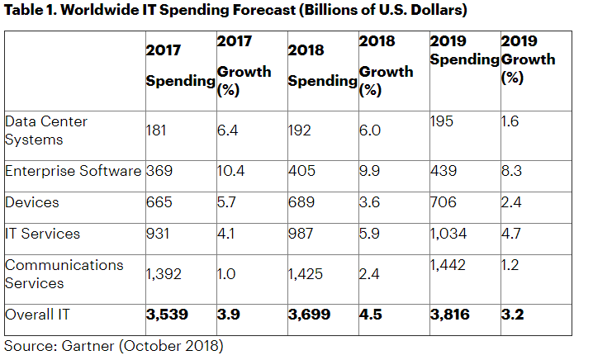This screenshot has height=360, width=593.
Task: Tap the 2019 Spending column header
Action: [464, 50]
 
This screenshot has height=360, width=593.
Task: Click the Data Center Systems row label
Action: [46, 130]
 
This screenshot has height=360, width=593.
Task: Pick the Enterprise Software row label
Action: [73, 171]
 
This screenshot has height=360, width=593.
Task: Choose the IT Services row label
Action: [42, 234]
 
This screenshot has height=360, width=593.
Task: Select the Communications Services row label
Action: [64, 274]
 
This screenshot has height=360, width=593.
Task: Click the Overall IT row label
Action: [37, 315]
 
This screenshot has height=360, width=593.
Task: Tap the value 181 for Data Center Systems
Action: [158, 130]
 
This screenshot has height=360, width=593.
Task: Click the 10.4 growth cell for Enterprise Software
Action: [233, 171]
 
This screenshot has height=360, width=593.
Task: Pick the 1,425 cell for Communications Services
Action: [307, 274]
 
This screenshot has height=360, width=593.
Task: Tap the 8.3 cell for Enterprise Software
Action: [512, 171]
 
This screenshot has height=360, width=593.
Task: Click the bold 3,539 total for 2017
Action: [168, 315]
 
